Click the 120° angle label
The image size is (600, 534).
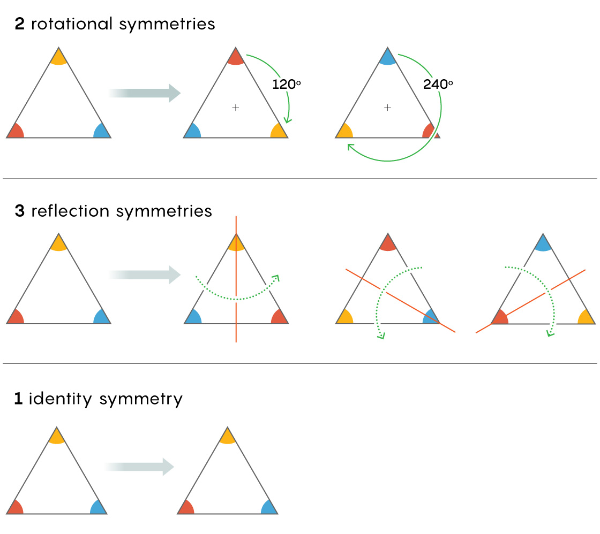click(286, 84)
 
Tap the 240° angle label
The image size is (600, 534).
click(438, 84)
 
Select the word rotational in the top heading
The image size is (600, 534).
click(72, 24)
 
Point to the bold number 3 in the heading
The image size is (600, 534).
click(19, 211)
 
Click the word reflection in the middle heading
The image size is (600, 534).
click(70, 211)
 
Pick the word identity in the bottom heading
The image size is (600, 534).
click(61, 399)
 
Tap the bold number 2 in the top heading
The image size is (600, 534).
click(19, 24)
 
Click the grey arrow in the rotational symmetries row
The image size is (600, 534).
click(144, 93)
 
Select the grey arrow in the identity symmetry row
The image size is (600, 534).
click(140, 467)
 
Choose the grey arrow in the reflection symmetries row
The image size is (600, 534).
click(144, 275)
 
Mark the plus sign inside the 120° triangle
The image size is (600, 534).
click(236, 108)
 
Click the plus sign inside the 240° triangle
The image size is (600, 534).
click(388, 108)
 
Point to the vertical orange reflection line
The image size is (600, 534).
click(236, 279)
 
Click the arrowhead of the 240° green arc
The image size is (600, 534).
click(350, 147)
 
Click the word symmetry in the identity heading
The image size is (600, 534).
click(141, 400)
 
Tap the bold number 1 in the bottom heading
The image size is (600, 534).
click(18, 399)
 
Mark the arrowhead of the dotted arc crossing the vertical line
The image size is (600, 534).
click(276, 278)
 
